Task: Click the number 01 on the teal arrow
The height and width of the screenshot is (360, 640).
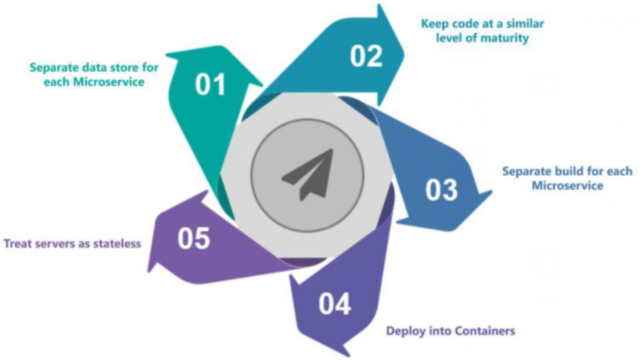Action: (x=209, y=84)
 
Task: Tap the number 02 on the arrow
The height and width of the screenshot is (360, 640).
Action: (x=366, y=55)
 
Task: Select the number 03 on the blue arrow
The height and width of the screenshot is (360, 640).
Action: (x=442, y=189)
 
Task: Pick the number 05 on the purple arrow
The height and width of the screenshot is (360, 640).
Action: (x=194, y=238)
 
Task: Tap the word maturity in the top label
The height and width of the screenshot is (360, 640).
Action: (x=505, y=37)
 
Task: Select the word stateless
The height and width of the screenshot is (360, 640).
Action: (x=117, y=244)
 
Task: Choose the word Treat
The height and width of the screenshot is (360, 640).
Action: (x=18, y=244)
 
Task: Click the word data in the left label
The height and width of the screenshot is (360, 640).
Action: (x=94, y=67)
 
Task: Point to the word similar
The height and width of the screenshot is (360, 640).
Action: (x=525, y=23)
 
